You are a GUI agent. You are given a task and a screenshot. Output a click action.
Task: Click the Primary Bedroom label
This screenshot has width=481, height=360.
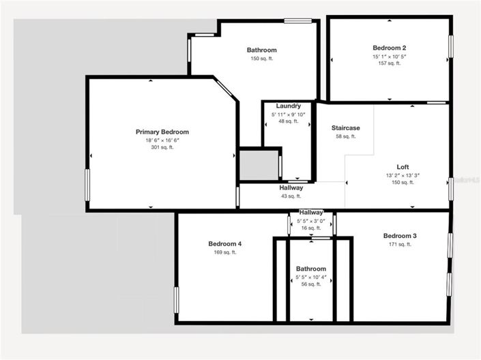[x=162, y=132]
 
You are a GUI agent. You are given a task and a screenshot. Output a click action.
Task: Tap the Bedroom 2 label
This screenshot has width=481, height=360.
[x=390, y=48]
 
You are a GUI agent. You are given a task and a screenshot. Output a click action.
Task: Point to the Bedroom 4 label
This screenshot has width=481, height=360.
[x=225, y=244]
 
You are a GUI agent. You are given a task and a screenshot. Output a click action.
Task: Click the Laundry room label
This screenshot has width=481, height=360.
[x=289, y=106]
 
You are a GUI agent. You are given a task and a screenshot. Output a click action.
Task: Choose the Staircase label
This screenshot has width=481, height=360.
[x=346, y=128]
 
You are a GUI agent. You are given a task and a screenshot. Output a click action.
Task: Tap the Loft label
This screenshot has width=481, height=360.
[x=403, y=167]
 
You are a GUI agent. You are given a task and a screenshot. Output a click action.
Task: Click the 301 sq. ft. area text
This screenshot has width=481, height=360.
[x=162, y=147]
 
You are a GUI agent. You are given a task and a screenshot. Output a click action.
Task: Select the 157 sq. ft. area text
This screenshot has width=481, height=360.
[x=390, y=64]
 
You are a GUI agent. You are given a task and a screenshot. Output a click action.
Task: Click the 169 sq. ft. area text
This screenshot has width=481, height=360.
[x=225, y=252]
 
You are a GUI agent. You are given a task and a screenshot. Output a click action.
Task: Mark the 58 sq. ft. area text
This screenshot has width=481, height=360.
[x=346, y=136]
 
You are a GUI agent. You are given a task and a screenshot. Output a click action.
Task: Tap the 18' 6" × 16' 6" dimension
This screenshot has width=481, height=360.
[x=162, y=140]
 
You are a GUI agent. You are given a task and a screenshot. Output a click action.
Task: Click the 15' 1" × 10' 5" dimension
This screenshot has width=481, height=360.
[x=390, y=56]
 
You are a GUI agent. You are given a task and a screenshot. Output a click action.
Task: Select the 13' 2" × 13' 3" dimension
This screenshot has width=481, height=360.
[x=403, y=175]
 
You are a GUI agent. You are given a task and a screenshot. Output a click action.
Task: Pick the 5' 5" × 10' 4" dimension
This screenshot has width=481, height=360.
[x=311, y=276]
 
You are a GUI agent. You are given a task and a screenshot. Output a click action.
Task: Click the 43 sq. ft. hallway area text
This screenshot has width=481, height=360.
[x=291, y=196]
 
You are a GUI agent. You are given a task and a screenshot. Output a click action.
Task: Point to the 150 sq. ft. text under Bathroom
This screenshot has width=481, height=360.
[x=262, y=59]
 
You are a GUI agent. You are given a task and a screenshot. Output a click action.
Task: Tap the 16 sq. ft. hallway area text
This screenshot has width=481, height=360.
[x=311, y=228]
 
